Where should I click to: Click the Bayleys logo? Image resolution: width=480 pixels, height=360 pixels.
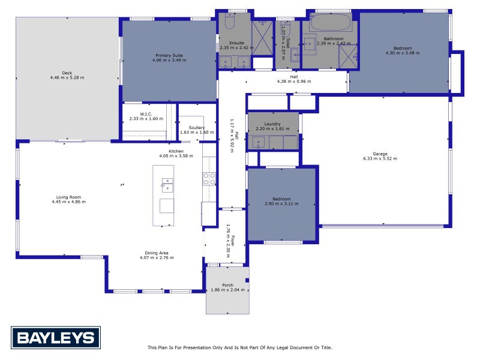coord(56,337)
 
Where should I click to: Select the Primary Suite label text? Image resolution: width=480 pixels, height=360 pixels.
coord(169,55)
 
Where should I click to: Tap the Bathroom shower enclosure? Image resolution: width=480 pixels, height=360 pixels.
coord(349,56)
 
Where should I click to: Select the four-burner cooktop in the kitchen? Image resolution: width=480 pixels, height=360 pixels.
coord(209,178)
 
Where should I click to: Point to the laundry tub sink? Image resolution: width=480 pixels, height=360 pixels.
coord(257,142)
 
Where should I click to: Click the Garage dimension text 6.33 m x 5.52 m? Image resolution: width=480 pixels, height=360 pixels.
coord(380,159)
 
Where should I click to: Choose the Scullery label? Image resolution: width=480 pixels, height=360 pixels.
coord(197,128)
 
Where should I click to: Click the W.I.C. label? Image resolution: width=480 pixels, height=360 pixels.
coord(145,114)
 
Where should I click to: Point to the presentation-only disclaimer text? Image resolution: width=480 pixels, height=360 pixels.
coord(239,347)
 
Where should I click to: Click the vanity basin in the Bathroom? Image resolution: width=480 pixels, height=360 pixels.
coord(310,43)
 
